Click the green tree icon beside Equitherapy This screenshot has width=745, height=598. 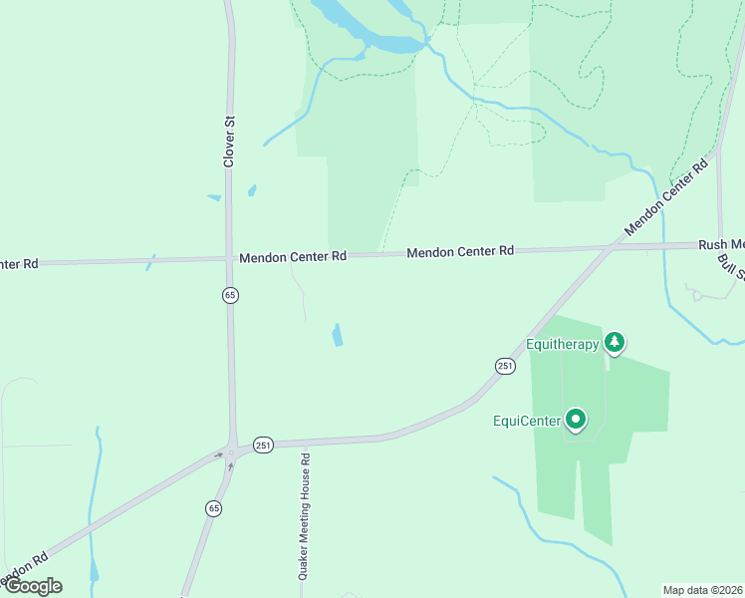(615, 343)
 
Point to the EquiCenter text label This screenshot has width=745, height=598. (527, 421)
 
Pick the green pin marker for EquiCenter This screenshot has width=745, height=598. (576, 420)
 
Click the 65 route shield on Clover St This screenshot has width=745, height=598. (230, 295)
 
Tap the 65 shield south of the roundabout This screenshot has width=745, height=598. (214, 508)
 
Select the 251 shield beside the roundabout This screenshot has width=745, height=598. (263, 445)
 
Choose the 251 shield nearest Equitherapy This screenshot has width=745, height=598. (505, 366)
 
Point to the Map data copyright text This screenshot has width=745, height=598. (703, 590)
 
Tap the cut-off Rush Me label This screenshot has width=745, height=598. (721, 244)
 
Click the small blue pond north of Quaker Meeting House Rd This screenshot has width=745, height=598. (338, 335)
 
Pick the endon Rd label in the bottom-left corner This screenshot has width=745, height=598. (24, 569)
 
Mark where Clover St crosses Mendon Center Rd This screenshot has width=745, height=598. (229, 258)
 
